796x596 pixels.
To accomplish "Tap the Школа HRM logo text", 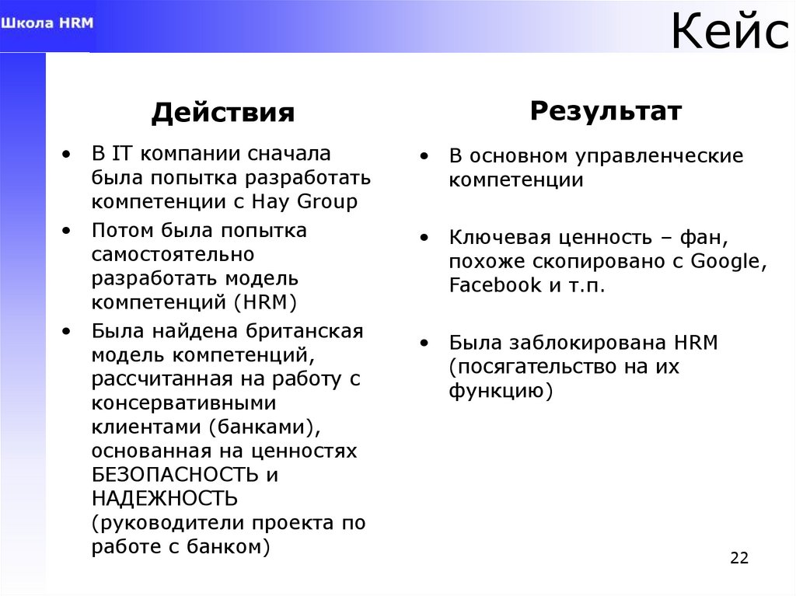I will pyautogui.click(x=47, y=23).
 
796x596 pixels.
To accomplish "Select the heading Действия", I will pyautogui.click(x=223, y=113).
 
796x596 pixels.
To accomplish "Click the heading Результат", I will pyautogui.click(x=606, y=111).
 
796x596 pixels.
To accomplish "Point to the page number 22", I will pyautogui.click(x=739, y=558).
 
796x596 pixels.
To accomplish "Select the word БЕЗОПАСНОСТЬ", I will pyautogui.click(x=174, y=474).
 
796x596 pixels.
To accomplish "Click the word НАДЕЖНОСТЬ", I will pyautogui.click(x=165, y=498).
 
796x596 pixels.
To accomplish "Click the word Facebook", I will pyautogui.click(x=495, y=285).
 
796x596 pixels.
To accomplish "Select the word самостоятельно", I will pyautogui.click(x=173, y=254).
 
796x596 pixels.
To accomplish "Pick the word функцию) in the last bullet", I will pyautogui.click(x=501, y=391).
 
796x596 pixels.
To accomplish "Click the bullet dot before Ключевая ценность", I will pyautogui.click(x=424, y=237).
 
